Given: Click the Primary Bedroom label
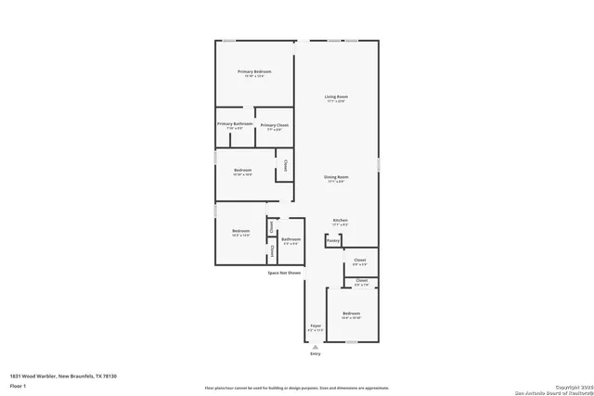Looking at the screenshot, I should point(253,71).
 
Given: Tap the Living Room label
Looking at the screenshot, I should point(336,96).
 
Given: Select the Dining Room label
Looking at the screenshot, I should point(336,176).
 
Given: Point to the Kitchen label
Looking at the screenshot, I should point(340,220).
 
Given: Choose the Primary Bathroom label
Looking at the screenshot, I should point(234,123).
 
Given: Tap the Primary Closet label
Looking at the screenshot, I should point(274,124).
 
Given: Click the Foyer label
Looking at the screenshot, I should point(316,326).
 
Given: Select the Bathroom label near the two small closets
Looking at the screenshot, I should point(291,239).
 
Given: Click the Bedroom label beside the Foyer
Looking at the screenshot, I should point(351,313).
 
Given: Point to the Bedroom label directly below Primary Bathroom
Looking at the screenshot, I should point(242,170).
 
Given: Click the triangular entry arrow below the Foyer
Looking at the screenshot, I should point(316,346).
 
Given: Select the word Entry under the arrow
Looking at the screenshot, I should point(316,354).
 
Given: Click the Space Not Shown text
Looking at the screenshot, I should point(284,273).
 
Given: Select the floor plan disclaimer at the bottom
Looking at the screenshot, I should point(297,387).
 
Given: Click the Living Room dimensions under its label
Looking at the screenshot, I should point(336,102).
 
